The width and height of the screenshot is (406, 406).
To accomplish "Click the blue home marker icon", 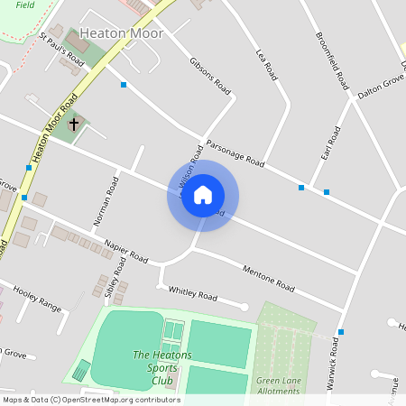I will (203, 195).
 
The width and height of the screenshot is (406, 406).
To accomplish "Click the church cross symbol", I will (74, 123).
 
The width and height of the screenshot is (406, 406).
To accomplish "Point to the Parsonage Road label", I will (234, 152).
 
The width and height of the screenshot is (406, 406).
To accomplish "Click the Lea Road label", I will (265, 66).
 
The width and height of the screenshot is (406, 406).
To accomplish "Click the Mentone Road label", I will (269, 277).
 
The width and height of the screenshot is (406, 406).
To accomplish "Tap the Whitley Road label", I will (193, 293).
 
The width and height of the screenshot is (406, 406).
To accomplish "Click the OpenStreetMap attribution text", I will (90, 400).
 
